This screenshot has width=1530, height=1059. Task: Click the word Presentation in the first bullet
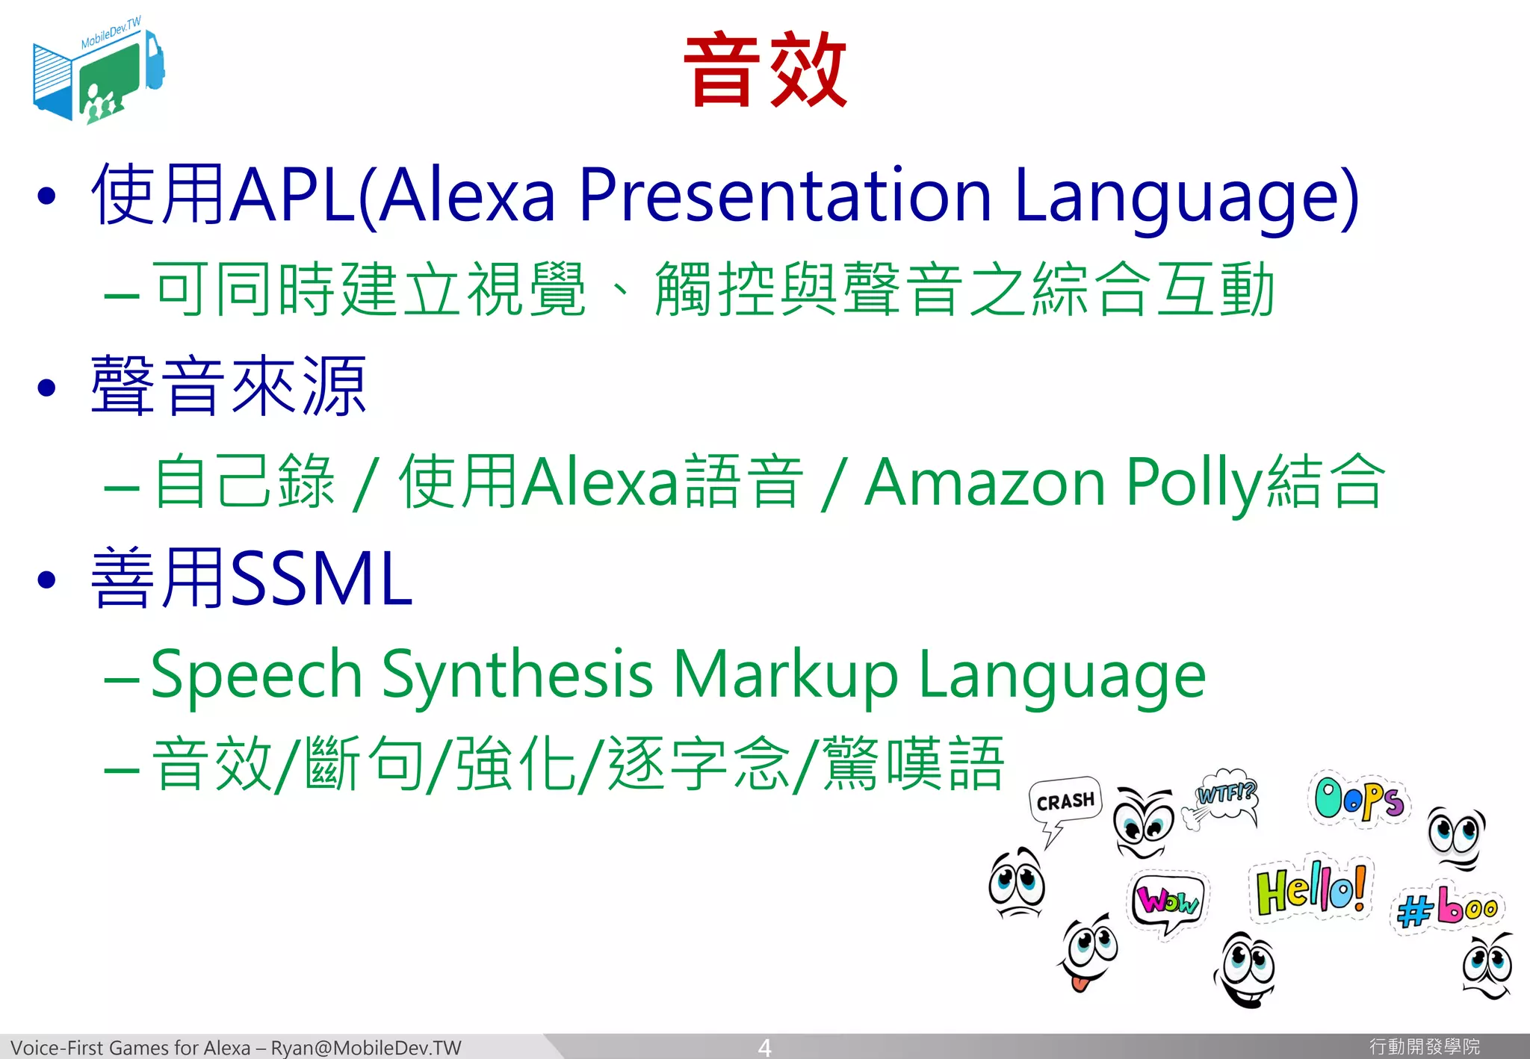point(784,196)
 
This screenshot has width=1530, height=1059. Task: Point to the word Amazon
point(985,483)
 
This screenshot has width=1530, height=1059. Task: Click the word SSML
point(321,579)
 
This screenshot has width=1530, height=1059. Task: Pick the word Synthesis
point(518,674)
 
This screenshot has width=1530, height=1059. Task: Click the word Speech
point(257,674)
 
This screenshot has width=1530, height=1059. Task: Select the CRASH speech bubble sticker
point(1065,803)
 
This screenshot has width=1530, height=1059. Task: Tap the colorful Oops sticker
point(1359,799)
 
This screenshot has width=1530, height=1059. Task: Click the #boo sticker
point(1447,907)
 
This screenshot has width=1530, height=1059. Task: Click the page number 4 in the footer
point(764,1047)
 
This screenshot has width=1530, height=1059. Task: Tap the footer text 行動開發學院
point(1424,1047)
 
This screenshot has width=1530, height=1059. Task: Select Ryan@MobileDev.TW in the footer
point(366,1048)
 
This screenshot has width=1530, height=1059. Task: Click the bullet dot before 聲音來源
point(46,387)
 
